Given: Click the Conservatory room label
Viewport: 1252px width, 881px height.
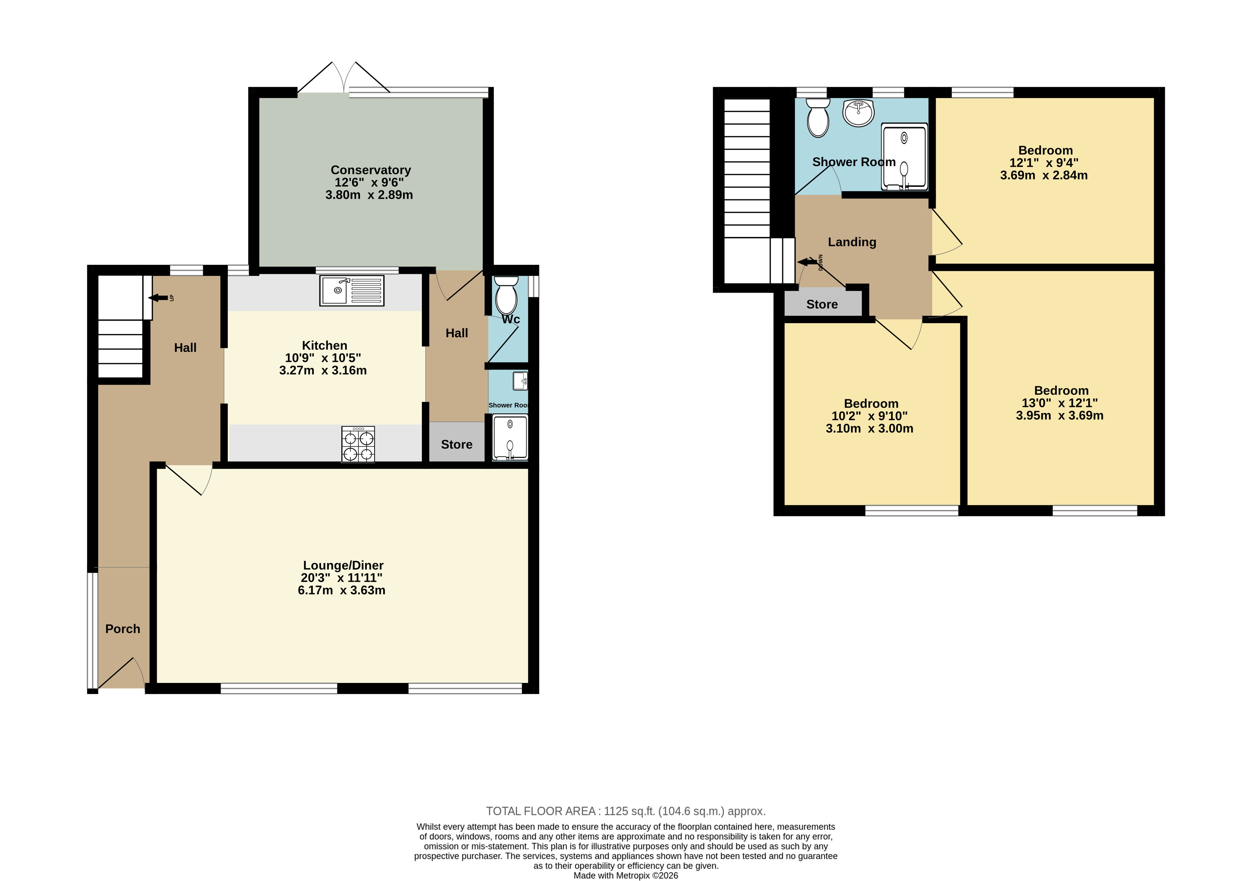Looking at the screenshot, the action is pos(371,170).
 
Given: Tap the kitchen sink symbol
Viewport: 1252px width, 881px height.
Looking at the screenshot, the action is pos(352,290).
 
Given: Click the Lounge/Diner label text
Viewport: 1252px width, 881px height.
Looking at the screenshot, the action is pos(343,565).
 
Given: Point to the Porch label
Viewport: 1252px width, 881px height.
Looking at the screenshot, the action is pos(123,629).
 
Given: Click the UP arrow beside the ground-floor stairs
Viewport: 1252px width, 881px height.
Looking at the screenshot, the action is pos(158,298).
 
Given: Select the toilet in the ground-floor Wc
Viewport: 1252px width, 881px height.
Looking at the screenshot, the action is pos(506,295).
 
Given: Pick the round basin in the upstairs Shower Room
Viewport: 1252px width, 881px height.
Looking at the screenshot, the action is pos(858,113).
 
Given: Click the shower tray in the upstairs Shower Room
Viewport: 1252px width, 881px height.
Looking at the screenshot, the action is pos(904,158).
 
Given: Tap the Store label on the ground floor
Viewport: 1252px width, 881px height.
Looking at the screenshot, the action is pos(456,444).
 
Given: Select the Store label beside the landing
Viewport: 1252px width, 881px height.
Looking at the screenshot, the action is pos(822,304).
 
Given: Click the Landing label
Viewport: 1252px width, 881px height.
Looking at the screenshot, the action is pos(852,242).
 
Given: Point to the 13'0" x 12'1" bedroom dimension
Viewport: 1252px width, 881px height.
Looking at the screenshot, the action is pos(1060,403).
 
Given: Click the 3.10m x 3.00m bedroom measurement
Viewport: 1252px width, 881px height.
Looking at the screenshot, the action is pos(869,429).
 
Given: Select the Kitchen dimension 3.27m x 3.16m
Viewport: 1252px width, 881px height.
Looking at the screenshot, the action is pos(323,370).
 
